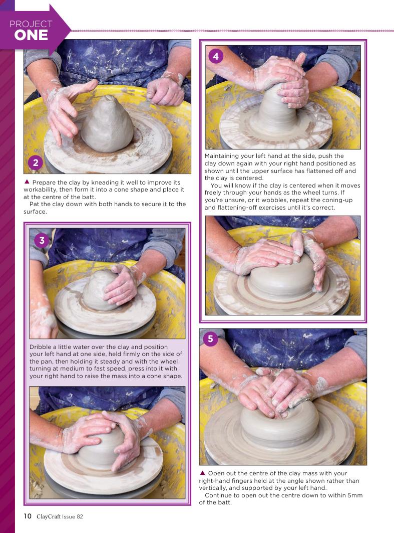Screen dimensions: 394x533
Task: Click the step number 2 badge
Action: click(x=35, y=162)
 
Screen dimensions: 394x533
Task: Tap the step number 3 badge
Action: click(x=42, y=240)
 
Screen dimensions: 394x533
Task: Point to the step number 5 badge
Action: click(x=210, y=338)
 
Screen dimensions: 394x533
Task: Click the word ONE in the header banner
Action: click(x=31, y=35)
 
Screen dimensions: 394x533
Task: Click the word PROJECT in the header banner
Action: click(x=31, y=24)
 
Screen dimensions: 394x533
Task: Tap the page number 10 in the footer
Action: click(x=28, y=516)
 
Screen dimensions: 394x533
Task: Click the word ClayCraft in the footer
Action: click(x=49, y=516)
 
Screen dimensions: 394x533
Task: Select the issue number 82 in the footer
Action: click(x=80, y=516)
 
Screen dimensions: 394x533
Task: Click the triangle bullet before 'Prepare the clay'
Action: click(x=27, y=182)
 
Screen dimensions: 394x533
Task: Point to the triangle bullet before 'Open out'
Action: click(x=202, y=472)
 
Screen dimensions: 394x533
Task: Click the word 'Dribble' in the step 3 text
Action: click(x=41, y=346)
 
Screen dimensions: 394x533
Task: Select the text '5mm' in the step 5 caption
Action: click(x=355, y=495)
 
